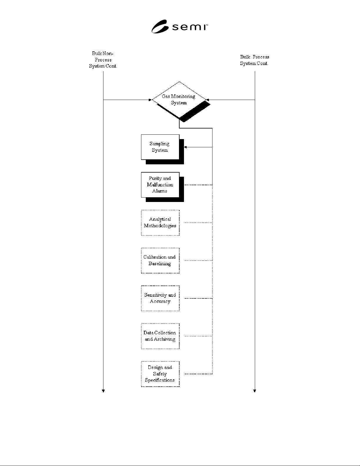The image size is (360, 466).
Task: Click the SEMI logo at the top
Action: click(180, 26)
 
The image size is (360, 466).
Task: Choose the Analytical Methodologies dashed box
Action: click(160, 223)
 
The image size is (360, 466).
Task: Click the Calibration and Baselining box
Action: click(160, 260)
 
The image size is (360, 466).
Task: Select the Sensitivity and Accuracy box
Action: click(160, 298)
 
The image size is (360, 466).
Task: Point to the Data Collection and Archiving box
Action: click(160, 336)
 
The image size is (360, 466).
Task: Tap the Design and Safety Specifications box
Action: click(160, 374)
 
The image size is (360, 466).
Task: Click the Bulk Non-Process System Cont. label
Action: click(103, 60)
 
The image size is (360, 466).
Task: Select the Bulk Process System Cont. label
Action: click(254, 60)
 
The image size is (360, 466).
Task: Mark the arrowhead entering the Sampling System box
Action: click(185, 147)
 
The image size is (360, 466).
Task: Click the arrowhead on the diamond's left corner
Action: click(150, 100)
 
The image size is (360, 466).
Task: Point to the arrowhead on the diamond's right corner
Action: click(207, 100)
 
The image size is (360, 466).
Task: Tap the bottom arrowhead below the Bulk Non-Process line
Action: click(103, 391)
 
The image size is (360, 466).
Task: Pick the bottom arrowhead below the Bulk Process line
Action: click(254, 391)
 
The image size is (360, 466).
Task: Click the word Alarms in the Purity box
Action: click(160, 191)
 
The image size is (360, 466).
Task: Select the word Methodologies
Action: click(160, 226)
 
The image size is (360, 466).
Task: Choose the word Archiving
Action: click(165, 339)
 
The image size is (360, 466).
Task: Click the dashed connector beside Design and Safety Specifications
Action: click(198, 374)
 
